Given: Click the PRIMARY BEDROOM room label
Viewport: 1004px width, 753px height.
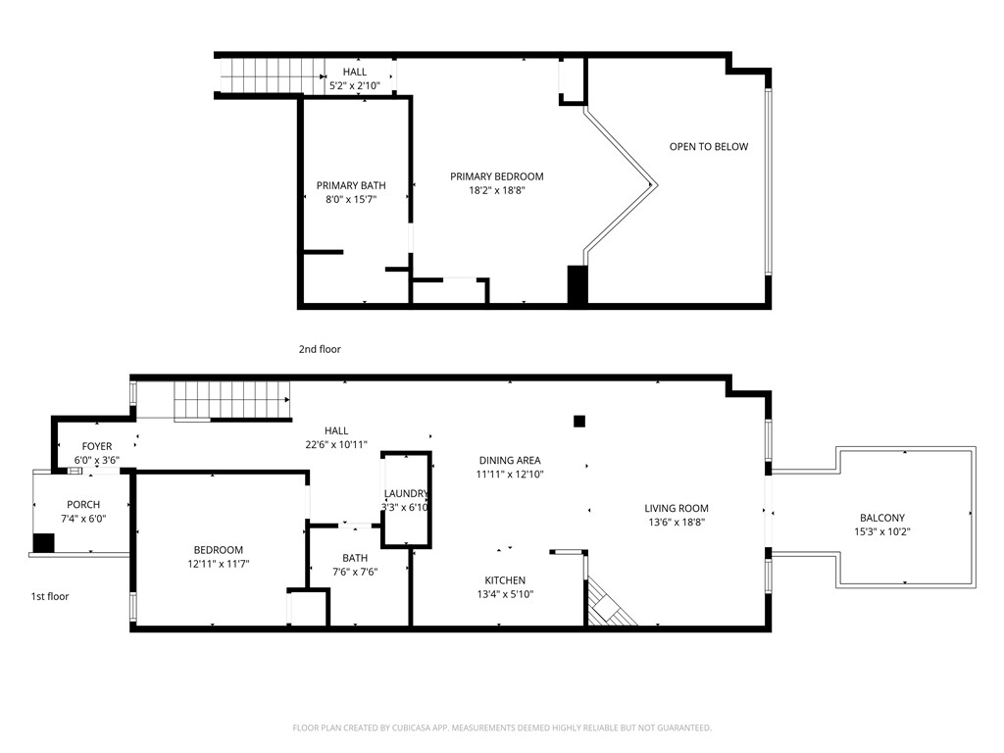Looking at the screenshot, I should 496,176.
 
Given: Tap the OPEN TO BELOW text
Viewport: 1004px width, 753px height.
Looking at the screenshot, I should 708,147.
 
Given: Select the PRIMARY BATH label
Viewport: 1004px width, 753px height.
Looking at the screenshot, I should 350,185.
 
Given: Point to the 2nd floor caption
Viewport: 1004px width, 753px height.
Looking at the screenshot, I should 320,349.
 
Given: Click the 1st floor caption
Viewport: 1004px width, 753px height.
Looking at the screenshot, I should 49,596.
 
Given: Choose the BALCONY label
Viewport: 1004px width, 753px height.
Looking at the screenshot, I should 881,518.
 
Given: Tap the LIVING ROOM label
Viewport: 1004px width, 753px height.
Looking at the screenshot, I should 676,508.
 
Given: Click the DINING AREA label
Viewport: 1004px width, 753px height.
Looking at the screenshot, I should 509,460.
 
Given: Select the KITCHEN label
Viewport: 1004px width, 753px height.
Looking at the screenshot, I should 504,580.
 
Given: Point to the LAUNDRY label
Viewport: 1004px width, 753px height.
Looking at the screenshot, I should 405,493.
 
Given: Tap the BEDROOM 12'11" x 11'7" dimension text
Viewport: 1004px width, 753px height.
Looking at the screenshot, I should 218,564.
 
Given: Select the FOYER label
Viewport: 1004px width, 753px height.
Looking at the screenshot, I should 96,446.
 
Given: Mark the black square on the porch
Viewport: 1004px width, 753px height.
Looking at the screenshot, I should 43,543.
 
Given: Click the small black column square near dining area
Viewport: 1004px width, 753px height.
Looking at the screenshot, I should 579,421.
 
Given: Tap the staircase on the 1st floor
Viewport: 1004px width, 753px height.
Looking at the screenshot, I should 232,401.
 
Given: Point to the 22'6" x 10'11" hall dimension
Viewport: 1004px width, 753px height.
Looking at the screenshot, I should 336,444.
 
